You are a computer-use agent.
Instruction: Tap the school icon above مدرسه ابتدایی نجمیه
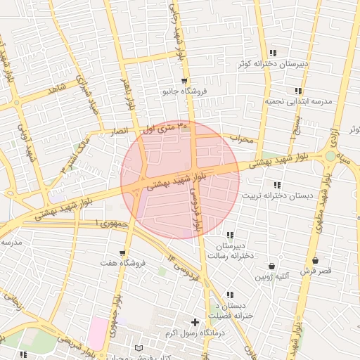pos(298,91)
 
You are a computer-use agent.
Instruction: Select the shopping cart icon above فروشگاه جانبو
pos(184,81)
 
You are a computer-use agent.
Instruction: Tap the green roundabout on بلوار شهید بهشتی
pos(330,156)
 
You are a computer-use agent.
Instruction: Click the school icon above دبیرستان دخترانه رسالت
pos(229,236)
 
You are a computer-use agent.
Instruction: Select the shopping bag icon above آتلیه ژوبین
pos(272,266)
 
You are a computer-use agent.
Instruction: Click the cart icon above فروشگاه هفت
pos(123,252)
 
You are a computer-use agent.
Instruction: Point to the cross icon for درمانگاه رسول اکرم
pos(195,322)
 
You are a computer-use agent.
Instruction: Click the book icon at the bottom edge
pos(139,349)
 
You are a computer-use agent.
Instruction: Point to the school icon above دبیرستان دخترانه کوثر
pos(272,52)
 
